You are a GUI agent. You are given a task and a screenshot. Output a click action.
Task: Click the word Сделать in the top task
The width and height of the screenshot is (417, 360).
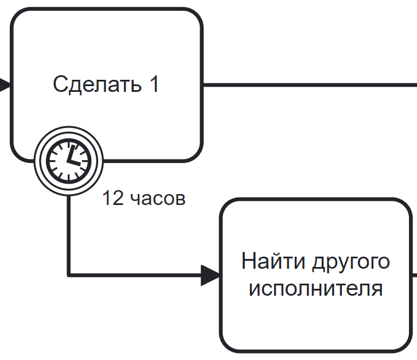(97, 84)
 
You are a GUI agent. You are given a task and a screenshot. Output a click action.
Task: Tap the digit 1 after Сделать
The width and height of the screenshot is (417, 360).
(154, 84)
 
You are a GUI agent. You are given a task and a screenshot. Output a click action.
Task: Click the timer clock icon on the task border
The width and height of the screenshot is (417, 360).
(69, 161)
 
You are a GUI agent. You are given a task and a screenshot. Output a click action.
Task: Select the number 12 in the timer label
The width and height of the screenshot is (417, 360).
(113, 198)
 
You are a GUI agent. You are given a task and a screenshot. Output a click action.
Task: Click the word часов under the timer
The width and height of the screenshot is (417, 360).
(158, 199)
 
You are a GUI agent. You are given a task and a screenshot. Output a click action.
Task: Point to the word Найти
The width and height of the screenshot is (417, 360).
(273, 261)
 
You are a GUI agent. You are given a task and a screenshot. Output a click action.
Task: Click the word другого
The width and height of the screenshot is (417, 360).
(351, 263)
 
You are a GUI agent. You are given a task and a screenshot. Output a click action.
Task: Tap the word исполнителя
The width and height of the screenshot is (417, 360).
(315, 288)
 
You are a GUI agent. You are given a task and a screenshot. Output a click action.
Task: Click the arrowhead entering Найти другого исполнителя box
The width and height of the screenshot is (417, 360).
(210, 275)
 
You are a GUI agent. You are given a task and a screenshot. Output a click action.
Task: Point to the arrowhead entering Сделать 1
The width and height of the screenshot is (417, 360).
(5, 85)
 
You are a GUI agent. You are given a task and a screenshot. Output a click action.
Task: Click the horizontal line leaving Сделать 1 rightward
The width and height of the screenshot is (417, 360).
(310, 85)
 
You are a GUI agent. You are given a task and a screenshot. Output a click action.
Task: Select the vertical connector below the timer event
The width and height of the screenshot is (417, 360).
(69, 235)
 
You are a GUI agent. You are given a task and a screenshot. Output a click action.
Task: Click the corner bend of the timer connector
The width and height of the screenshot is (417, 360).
(69, 275)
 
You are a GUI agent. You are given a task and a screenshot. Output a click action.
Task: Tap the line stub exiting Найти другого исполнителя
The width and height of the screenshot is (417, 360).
(415, 275)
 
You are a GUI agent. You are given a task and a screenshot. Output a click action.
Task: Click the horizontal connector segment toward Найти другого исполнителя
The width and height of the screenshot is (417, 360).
(135, 275)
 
